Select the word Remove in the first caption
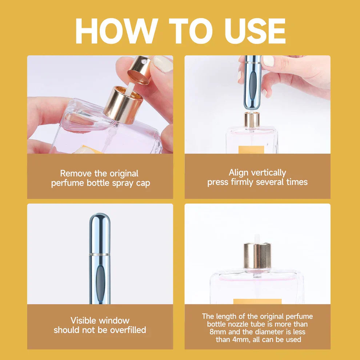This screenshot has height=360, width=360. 75,173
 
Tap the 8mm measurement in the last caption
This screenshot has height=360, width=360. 217,332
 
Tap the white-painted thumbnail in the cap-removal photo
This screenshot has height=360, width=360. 163,64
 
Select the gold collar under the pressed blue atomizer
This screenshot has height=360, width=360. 252,119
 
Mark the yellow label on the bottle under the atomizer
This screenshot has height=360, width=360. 251,149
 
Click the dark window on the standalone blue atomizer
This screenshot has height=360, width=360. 100,284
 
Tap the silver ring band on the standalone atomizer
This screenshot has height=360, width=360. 100,254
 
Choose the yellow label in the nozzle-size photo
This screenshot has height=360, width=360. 257,301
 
